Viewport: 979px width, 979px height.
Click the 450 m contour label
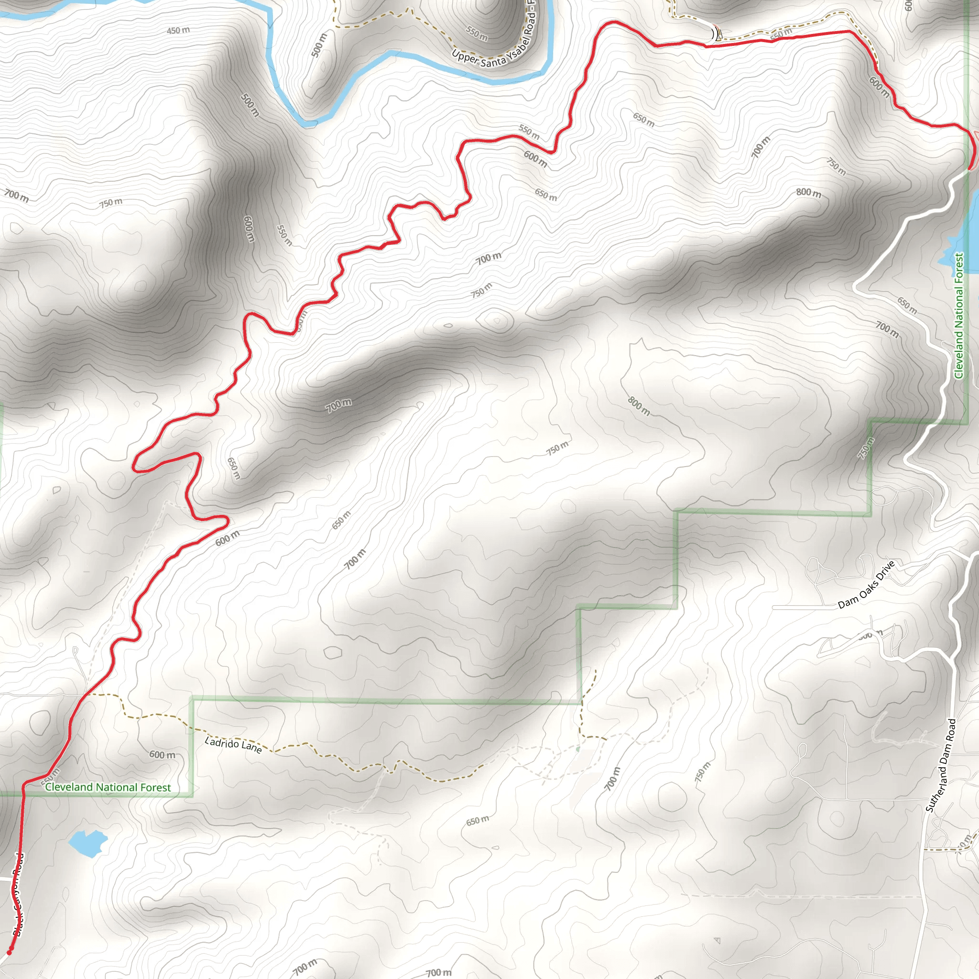(178, 31)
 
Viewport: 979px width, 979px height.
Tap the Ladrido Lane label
(233, 745)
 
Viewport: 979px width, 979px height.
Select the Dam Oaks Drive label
(867, 585)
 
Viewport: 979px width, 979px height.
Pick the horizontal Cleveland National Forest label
(108, 787)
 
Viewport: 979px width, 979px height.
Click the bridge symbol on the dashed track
(715, 34)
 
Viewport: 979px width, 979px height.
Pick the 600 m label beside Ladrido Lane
(162, 754)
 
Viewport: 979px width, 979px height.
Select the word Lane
(251, 748)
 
